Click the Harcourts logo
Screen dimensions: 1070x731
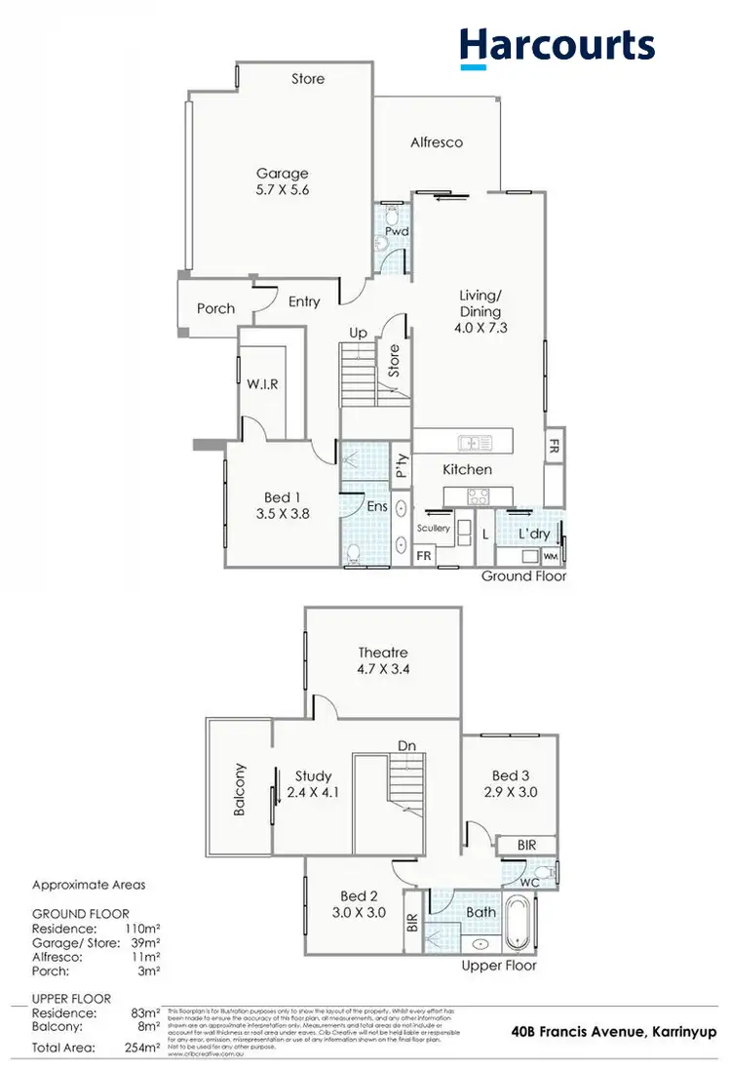point(557,46)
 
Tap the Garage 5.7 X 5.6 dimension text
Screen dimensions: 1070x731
point(282,190)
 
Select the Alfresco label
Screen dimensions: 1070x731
point(437,142)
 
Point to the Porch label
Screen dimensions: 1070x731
point(215,308)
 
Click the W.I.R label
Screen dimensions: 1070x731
point(262,384)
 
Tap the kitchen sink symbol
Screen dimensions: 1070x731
point(475,443)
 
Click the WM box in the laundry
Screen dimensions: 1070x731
point(549,556)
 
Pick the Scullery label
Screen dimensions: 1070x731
point(433,528)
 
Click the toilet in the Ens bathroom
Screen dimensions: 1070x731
point(354,554)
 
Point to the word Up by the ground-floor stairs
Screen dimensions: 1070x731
point(358,334)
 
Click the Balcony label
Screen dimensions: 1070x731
point(240,789)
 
